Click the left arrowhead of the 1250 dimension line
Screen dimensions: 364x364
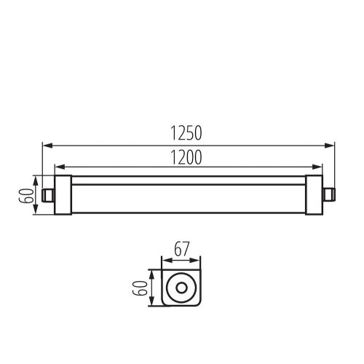click(46, 144)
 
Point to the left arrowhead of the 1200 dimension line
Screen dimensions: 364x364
click(58, 166)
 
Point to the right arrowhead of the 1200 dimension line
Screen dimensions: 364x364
click(318, 166)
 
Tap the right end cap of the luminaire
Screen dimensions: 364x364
click(314, 194)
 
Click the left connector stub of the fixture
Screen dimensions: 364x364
click(48, 194)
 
